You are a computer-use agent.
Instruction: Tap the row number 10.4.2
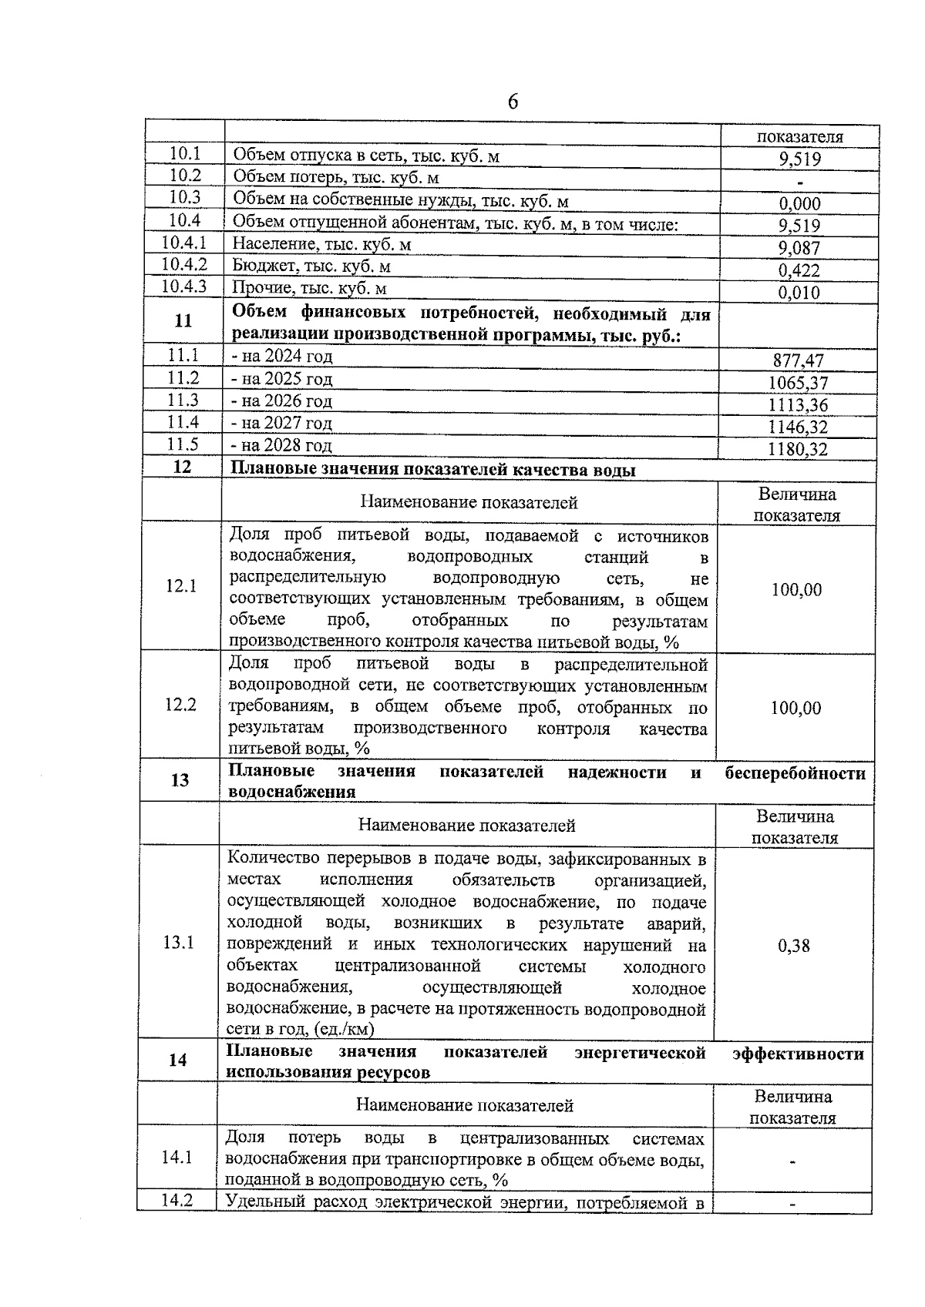click(x=184, y=265)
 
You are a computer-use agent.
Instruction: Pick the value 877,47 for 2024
click(x=799, y=361)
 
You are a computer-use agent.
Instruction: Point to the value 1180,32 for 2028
click(x=798, y=450)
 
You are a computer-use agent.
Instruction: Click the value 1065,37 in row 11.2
click(x=798, y=384)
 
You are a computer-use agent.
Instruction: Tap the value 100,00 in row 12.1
click(x=796, y=591)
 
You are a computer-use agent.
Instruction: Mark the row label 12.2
click(x=181, y=705)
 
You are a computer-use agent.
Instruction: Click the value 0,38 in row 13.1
click(x=794, y=947)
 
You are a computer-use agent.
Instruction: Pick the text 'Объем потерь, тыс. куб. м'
click(x=336, y=179)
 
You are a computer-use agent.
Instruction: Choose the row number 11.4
click(x=183, y=422)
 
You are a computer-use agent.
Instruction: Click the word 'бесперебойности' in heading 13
click(x=795, y=773)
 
